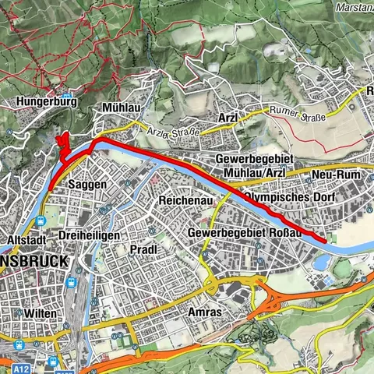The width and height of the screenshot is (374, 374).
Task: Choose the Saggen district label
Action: coord(87,185)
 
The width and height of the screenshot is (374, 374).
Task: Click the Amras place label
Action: coord(205,312)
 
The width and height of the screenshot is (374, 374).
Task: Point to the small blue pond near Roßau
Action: coord(319,263)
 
